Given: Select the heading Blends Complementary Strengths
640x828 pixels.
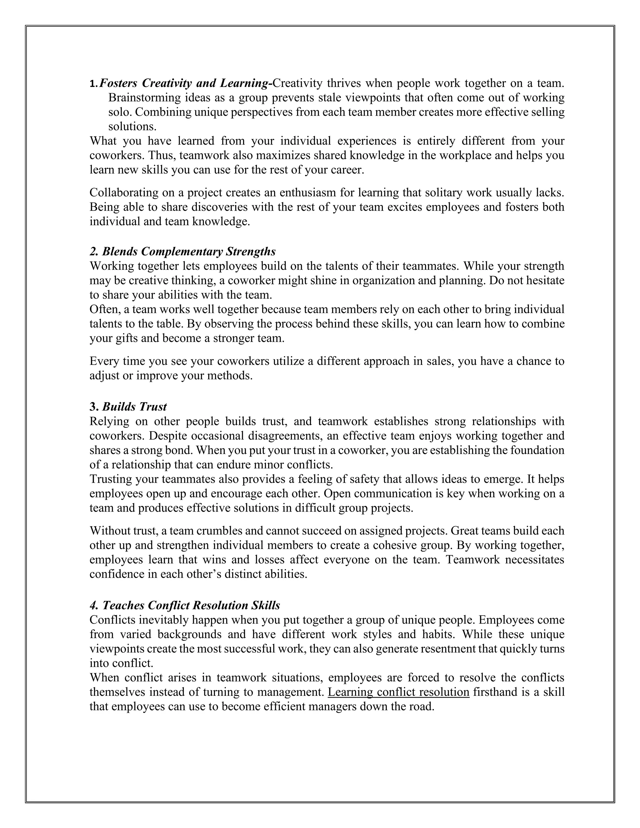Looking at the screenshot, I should pos(183,251).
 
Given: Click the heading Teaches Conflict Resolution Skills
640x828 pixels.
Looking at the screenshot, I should pos(185,605).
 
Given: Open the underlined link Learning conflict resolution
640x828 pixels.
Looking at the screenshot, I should pos(398,692).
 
